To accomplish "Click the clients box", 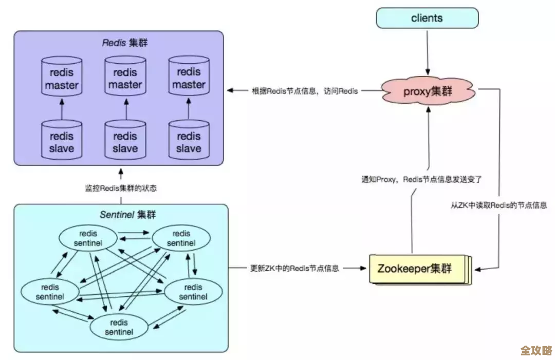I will pos(427,18).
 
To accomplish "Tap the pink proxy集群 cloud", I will pos(428,92).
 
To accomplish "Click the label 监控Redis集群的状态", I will pos(121,188).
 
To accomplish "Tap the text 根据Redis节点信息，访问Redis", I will pos(305,91).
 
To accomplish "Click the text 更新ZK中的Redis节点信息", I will pos(294,268).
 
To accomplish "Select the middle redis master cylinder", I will pos(125,77).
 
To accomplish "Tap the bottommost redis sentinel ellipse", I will pos(119,327).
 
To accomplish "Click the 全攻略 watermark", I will pos(536,350).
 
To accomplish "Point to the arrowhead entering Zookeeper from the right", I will pos(476,269).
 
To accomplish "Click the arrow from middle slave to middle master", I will pos(125,109).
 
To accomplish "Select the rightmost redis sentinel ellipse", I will pos(193,292).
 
